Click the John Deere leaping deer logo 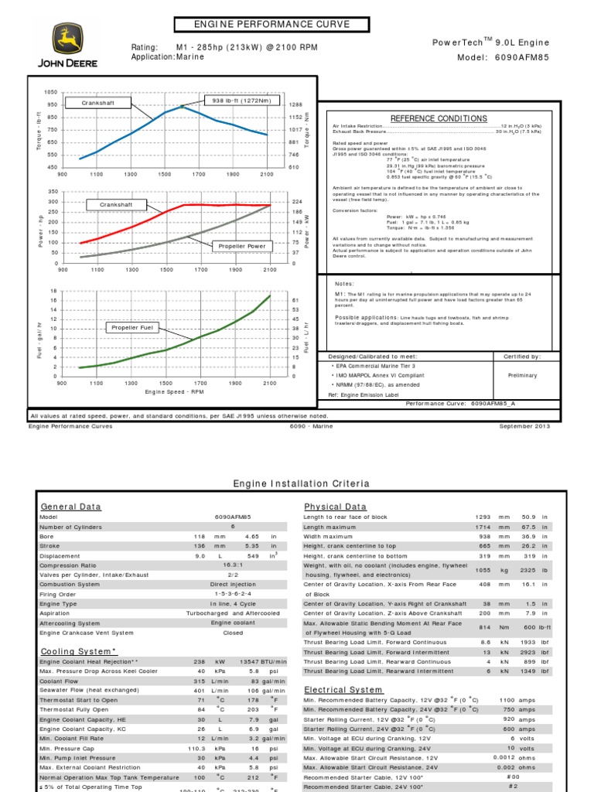click(67, 39)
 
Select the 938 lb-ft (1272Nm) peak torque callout click(241, 100)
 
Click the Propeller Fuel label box click(133, 328)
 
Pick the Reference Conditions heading click(439, 118)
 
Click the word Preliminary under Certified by click(522, 375)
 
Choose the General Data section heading click(70, 507)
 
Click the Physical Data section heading click(335, 507)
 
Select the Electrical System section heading click(343, 689)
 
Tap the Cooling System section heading click(78, 652)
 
